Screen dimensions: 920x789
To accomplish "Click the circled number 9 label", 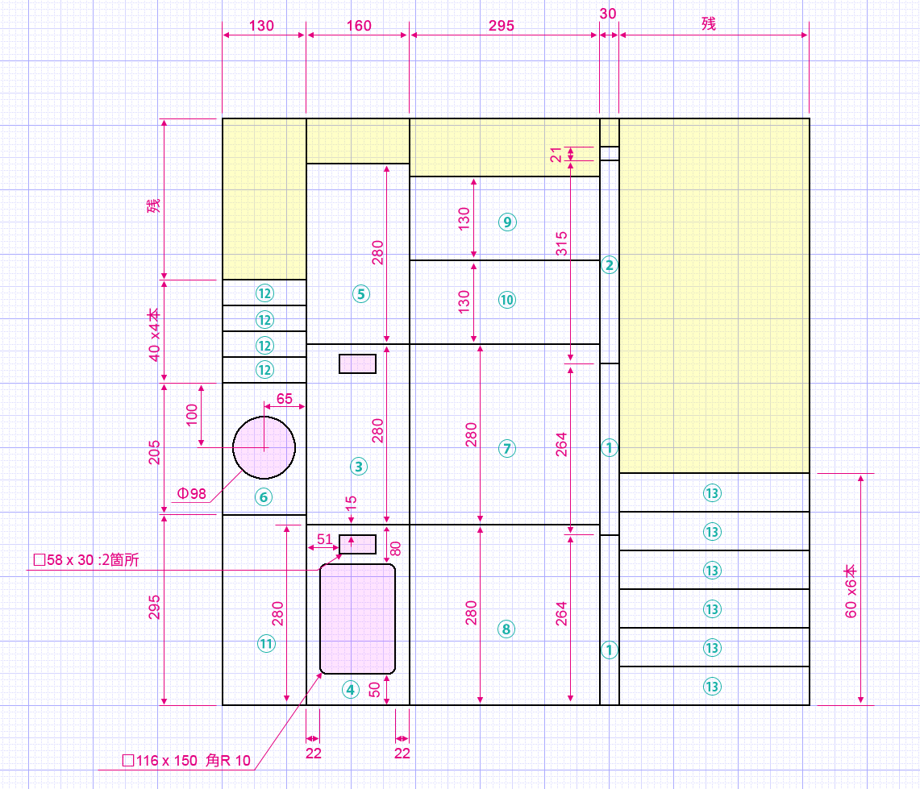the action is click(507, 222).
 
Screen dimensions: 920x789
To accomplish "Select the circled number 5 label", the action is click(361, 294).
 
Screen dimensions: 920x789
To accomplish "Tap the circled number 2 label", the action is click(609, 265).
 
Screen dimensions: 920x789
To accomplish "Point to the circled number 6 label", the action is click(264, 497).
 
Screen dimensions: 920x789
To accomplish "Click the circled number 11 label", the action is click(266, 643).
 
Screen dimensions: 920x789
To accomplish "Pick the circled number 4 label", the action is click(351, 690).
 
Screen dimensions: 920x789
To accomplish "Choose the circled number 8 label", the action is click(506, 629).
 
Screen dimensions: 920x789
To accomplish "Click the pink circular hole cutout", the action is click(264, 447).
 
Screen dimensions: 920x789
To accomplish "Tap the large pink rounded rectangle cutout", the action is click(357, 619).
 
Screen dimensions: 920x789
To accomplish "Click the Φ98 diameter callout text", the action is click(192, 494).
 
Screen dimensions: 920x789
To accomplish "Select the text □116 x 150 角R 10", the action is click(186, 761).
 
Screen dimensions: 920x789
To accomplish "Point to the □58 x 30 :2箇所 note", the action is click(86, 560).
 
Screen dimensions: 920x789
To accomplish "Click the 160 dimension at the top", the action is click(359, 26).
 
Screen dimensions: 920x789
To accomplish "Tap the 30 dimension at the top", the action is click(608, 14).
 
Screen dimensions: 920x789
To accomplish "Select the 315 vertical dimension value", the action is click(561, 243).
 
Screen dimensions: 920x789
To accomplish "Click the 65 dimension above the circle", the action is click(285, 399).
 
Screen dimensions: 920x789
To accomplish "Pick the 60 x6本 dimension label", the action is click(851, 592).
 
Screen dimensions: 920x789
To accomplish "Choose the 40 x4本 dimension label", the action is click(154, 335).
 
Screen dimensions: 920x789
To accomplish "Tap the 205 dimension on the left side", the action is click(154, 453).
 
